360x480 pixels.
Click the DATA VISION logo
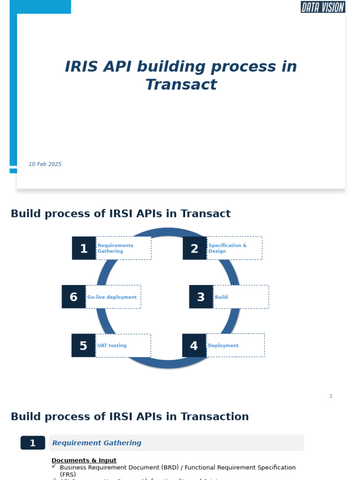[x=322, y=7]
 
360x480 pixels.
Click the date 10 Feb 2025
[x=45, y=165]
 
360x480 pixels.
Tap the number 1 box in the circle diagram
[x=84, y=248]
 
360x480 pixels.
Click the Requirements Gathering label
[x=115, y=248]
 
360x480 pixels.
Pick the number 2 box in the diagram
[x=195, y=248]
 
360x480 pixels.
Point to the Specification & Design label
[x=227, y=248]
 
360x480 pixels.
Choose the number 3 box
[x=201, y=297]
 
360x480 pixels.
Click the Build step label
[x=221, y=297]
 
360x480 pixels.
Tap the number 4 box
[x=194, y=346]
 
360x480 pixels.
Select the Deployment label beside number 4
[x=224, y=346]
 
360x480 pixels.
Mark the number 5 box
[x=83, y=346]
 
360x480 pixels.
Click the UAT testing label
[x=112, y=346]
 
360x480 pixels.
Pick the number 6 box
[x=74, y=297]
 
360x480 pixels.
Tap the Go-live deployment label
[x=112, y=297]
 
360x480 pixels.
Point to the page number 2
[x=330, y=397]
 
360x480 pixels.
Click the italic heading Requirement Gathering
[x=97, y=443]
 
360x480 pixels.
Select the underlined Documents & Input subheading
[x=84, y=460]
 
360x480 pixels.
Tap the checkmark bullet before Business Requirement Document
[x=54, y=466]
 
